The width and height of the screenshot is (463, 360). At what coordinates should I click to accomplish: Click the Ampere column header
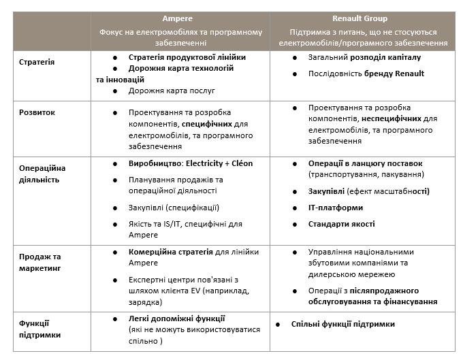pyautogui.click(x=180, y=18)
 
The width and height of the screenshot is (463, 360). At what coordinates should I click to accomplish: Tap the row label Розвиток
pyautogui.click(x=37, y=112)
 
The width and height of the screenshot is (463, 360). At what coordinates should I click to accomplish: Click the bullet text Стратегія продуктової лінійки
pyautogui.click(x=187, y=58)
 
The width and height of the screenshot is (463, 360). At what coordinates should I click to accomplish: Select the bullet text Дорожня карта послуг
pyautogui.click(x=172, y=90)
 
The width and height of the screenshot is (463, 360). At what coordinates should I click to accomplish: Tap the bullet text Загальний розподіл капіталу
pyautogui.click(x=364, y=57)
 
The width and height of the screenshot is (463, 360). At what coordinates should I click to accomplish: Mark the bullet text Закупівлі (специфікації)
pyautogui.click(x=174, y=208)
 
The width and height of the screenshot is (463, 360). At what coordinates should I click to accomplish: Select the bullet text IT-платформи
pyautogui.click(x=336, y=208)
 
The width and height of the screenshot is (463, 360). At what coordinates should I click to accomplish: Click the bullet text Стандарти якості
pyautogui.click(x=341, y=224)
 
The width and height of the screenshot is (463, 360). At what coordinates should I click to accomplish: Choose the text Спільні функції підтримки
pyautogui.click(x=342, y=324)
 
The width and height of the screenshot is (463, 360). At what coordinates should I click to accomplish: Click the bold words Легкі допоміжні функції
pyautogui.click(x=177, y=318)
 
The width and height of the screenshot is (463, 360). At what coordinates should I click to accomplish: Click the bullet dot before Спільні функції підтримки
pyautogui.click(x=278, y=325)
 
